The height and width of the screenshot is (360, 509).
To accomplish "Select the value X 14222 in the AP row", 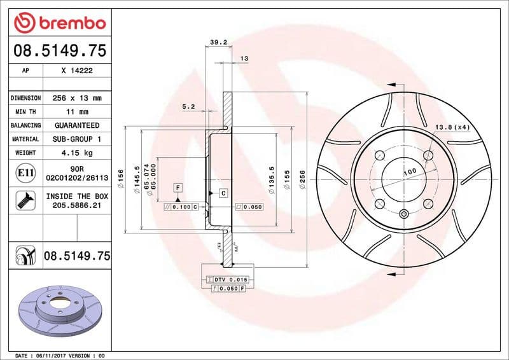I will click(x=77, y=71).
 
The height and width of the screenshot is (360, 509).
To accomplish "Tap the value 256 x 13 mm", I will click(x=77, y=99).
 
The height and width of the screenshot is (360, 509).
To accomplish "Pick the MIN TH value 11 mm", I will click(x=77, y=112).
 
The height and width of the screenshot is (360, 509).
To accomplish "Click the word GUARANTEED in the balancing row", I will click(x=77, y=125).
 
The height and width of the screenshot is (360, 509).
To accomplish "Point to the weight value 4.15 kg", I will click(x=77, y=153).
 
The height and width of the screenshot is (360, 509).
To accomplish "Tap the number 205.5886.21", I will click(x=77, y=206).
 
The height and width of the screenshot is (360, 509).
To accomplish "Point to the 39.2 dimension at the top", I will click(x=218, y=43).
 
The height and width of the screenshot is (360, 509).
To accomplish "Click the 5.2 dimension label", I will click(x=188, y=107).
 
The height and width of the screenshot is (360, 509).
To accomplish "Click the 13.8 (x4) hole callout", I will click(x=452, y=128).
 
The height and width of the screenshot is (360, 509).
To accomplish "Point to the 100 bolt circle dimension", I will click(x=410, y=172).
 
